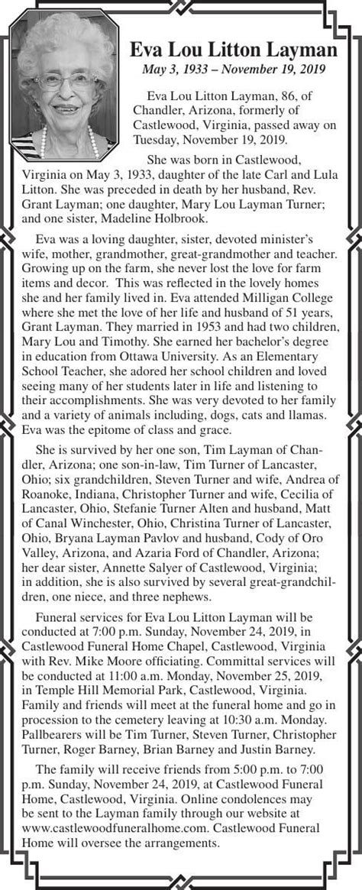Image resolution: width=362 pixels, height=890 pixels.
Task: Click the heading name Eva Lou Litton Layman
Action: (234, 50)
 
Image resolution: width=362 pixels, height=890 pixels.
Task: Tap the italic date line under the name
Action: (234, 70)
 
